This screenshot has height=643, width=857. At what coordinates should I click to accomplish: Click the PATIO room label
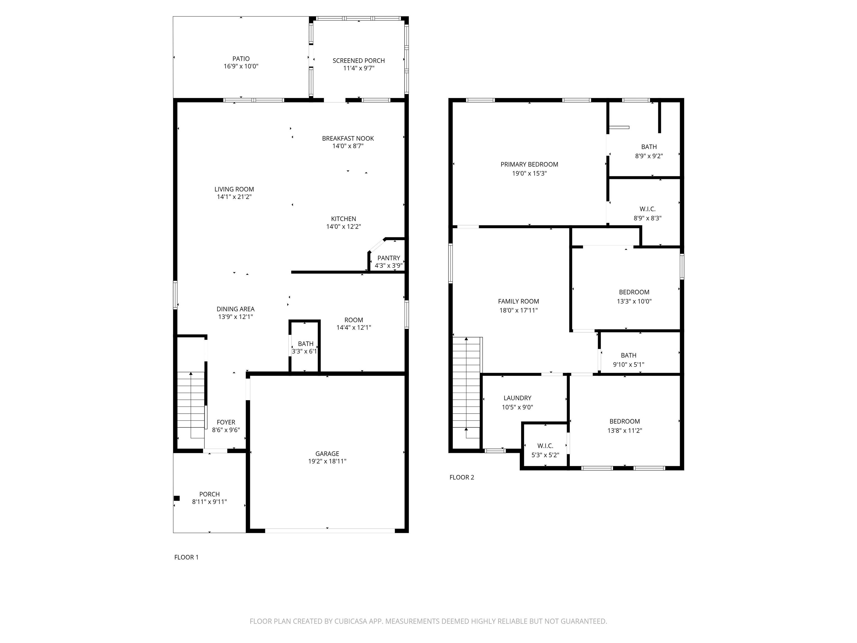[241, 59]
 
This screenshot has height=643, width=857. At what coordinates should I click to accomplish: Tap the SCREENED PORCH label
[359, 61]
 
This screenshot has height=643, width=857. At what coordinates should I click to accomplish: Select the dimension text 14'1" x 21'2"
[234, 197]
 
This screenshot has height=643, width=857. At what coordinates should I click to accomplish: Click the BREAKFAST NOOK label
[348, 138]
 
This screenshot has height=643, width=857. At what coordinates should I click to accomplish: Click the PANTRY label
[389, 258]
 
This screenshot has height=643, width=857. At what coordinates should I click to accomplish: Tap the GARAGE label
[328, 454]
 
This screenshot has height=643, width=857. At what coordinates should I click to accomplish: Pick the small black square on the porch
[177, 498]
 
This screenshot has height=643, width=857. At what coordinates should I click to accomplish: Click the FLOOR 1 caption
[186, 557]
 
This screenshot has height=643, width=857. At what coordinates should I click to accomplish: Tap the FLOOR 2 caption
[462, 477]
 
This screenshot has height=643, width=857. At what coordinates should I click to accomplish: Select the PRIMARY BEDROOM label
[529, 164]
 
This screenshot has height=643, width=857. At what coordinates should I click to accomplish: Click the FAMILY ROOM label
[518, 301]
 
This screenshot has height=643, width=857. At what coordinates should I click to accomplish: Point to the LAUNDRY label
[517, 398]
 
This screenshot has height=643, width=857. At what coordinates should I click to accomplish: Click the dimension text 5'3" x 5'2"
[545, 455]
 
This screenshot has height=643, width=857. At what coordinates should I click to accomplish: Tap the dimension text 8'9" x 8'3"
[647, 218]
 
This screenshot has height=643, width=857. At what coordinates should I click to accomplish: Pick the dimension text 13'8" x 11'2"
[625, 430]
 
